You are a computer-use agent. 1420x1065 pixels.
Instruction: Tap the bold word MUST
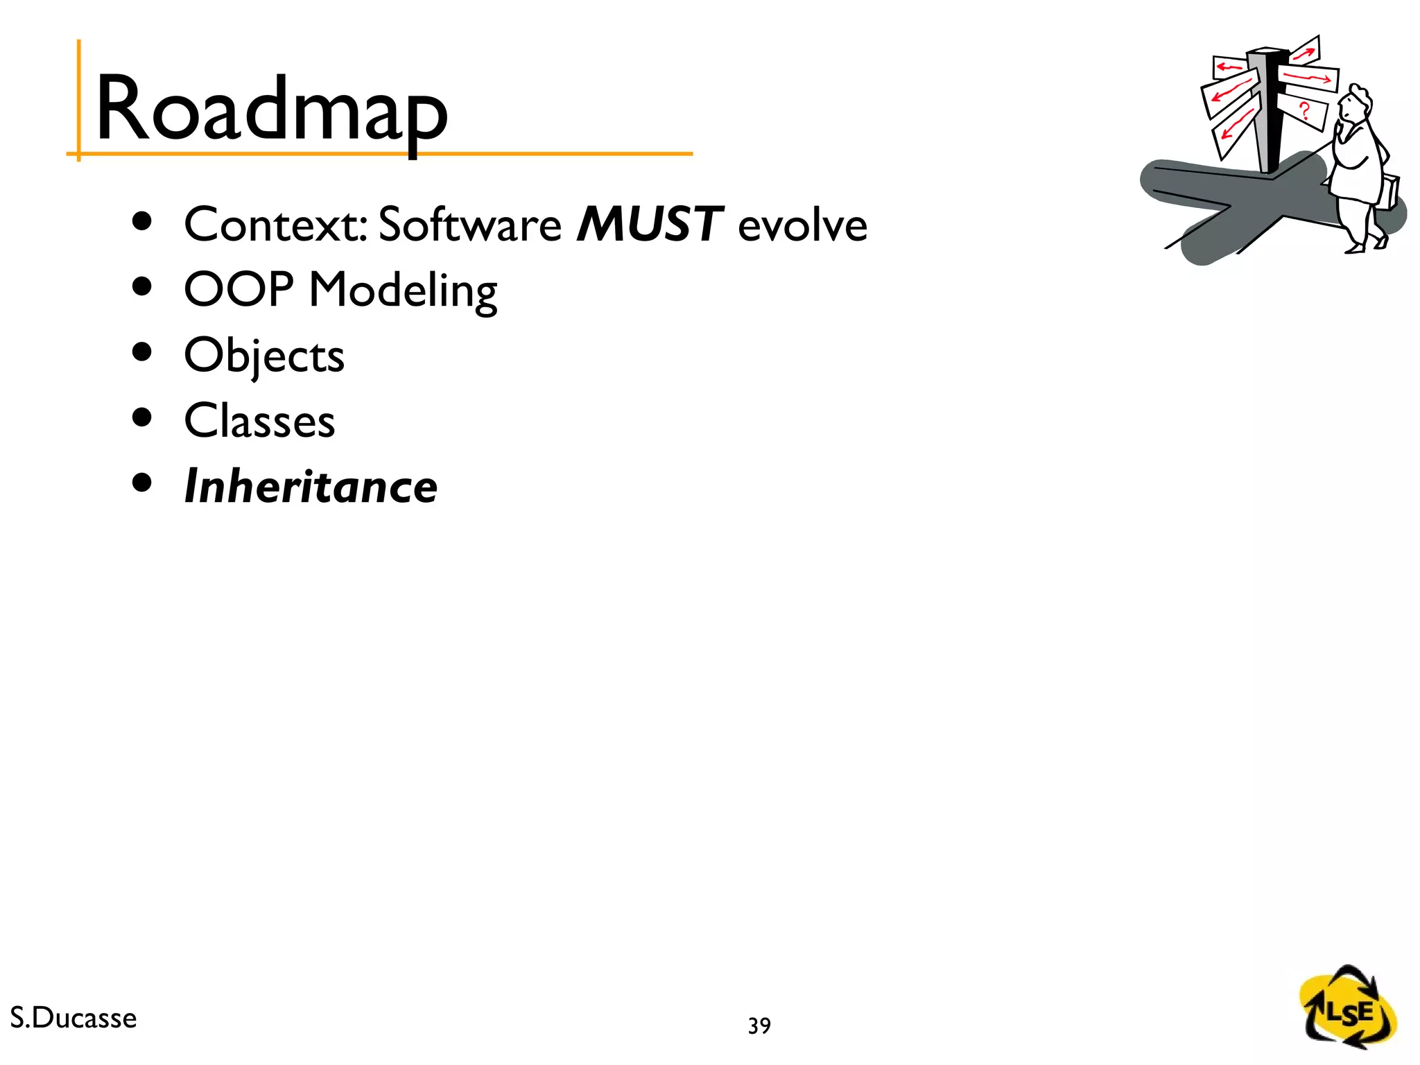click(x=650, y=225)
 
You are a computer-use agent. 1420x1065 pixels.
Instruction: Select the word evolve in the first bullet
click(x=802, y=226)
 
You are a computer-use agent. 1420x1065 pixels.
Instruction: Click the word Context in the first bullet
click(x=274, y=225)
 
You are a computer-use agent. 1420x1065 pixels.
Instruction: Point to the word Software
click(x=469, y=225)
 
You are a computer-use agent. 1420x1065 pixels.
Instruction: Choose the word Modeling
click(x=403, y=290)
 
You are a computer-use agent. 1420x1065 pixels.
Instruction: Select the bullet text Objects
click(x=264, y=356)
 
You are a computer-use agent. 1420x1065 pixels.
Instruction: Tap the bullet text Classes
click(x=259, y=421)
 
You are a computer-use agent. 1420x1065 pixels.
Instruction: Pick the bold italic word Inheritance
click(x=311, y=486)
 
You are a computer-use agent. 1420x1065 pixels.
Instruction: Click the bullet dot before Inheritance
click(x=141, y=483)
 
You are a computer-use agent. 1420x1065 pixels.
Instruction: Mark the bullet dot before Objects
click(x=141, y=352)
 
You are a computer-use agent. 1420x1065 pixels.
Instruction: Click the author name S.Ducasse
click(x=73, y=1018)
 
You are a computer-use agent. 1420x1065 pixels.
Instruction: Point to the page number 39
click(x=759, y=1025)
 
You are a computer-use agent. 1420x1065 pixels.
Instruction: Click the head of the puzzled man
click(x=1354, y=105)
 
